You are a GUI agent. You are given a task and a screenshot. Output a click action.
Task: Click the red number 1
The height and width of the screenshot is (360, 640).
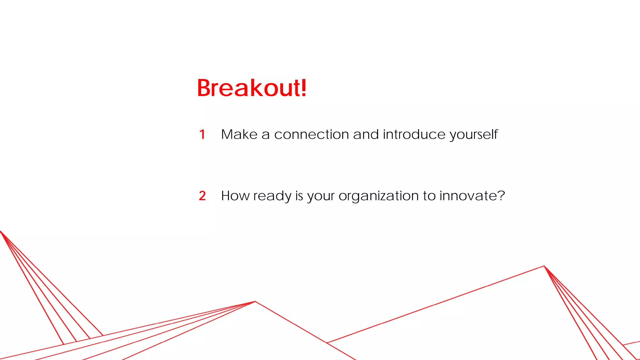(202, 135)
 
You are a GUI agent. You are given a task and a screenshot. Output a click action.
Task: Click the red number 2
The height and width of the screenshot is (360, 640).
(202, 196)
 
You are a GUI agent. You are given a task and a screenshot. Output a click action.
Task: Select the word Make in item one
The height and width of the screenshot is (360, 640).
(239, 134)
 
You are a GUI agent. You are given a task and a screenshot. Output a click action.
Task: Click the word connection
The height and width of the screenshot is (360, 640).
(311, 135)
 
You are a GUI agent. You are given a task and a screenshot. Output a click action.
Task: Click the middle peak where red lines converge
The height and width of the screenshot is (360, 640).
(255, 302)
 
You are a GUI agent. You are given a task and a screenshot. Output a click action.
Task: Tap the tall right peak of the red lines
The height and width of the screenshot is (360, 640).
(544, 266)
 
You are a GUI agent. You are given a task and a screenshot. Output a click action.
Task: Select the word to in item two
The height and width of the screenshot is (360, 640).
(429, 196)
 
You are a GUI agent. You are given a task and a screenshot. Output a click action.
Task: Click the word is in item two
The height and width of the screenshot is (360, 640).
(299, 196)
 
